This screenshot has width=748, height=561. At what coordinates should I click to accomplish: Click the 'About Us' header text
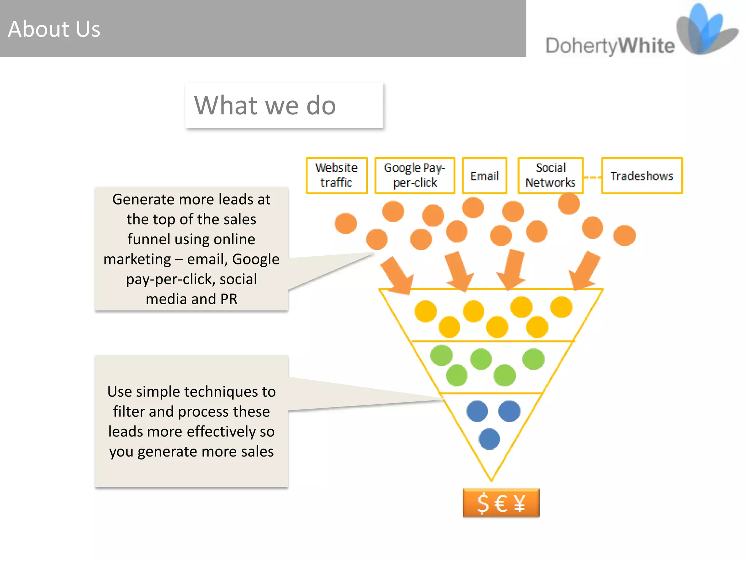(x=54, y=29)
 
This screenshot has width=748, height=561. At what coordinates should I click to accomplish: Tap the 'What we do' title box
(x=284, y=105)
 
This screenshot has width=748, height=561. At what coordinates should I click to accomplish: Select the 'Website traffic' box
(x=336, y=175)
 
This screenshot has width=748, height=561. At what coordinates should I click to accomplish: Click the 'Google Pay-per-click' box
(x=415, y=175)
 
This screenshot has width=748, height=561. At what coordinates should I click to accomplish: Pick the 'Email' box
(x=484, y=176)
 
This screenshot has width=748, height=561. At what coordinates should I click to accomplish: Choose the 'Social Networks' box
(x=550, y=175)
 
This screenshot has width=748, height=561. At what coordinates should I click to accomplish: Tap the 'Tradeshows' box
(x=642, y=176)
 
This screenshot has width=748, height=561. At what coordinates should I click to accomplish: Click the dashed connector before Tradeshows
(x=592, y=178)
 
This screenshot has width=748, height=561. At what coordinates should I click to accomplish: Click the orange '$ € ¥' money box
(x=501, y=503)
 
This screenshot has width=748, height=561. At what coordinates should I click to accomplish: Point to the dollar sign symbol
(x=483, y=503)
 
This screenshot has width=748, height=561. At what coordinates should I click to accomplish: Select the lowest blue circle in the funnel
(x=489, y=439)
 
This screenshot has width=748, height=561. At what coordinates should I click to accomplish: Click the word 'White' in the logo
(x=646, y=46)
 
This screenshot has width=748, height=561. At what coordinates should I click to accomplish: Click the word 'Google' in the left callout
(x=255, y=259)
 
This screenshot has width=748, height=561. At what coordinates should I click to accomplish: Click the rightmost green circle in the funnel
(x=533, y=359)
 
